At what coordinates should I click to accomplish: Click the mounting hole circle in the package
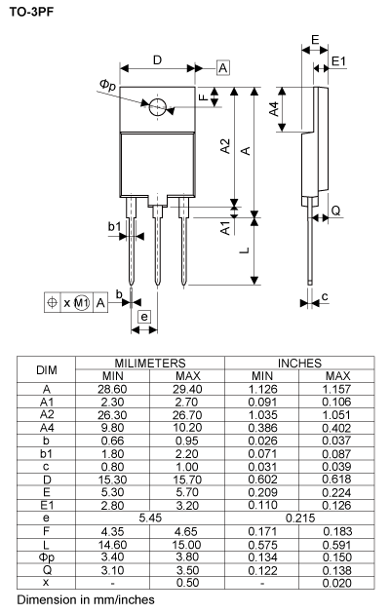click(x=158, y=105)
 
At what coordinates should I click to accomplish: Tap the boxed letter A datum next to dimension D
click(x=223, y=67)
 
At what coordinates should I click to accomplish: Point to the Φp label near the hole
click(x=108, y=87)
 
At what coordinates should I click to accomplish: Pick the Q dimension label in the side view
click(x=334, y=211)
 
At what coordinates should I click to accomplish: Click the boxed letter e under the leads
click(x=142, y=317)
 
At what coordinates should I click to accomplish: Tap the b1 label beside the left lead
click(x=114, y=227)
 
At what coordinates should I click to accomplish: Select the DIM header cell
click(x=47, y=369)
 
